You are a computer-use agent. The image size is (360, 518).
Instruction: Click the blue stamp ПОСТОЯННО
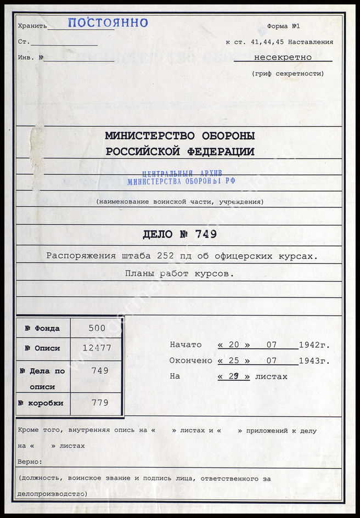pyautogui.click(x=108, y=23)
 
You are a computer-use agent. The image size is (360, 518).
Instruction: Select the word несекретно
pyautogui.click(x=283, y=57)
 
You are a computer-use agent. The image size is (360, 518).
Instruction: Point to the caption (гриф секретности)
pyautogui.click(x=288, y=74)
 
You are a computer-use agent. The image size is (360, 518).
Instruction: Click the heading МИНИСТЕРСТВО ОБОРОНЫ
pyautogui.click(x=179, y=136)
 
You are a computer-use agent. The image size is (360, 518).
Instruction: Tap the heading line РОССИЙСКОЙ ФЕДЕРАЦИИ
pyautogui.click(x=179, y=151)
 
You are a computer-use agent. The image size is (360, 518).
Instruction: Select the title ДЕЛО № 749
pyautogui.click(x=179, y=235)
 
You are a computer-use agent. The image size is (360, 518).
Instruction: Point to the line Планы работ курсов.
pyautogui.click(x=179, y=274)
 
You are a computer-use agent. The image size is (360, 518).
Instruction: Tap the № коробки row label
pyautogui.click(x=41, y=403)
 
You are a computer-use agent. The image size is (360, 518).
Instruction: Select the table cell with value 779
pyautogui.click(x=98, y=403)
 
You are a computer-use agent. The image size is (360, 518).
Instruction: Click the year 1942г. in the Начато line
pyautogui.click(x=314, y=345)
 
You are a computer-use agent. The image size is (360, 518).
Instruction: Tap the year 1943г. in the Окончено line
pyautogui.click(x=314, y=361)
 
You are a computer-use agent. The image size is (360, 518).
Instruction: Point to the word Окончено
pyautogui.click(x=190, y=361)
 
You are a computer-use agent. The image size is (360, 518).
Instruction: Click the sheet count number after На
pyautogui.click(x=234, y=376)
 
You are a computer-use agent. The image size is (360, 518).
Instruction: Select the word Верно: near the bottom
pyautogui.click(x=29, y=462)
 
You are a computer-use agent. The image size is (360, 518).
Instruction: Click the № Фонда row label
pyautogui.click(x=42, y=328)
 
